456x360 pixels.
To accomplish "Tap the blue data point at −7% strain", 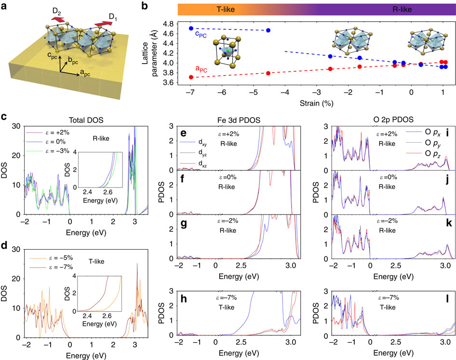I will (191, 28).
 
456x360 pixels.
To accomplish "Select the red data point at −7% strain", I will (191, 77).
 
